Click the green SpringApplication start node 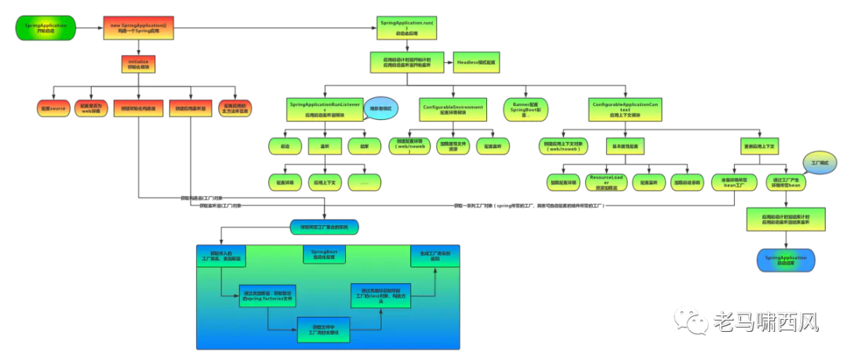(46, 28)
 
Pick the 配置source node (53, 108)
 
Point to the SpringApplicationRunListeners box (325, 109)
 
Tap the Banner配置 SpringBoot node (525, 109)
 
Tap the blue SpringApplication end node (786, 260)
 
